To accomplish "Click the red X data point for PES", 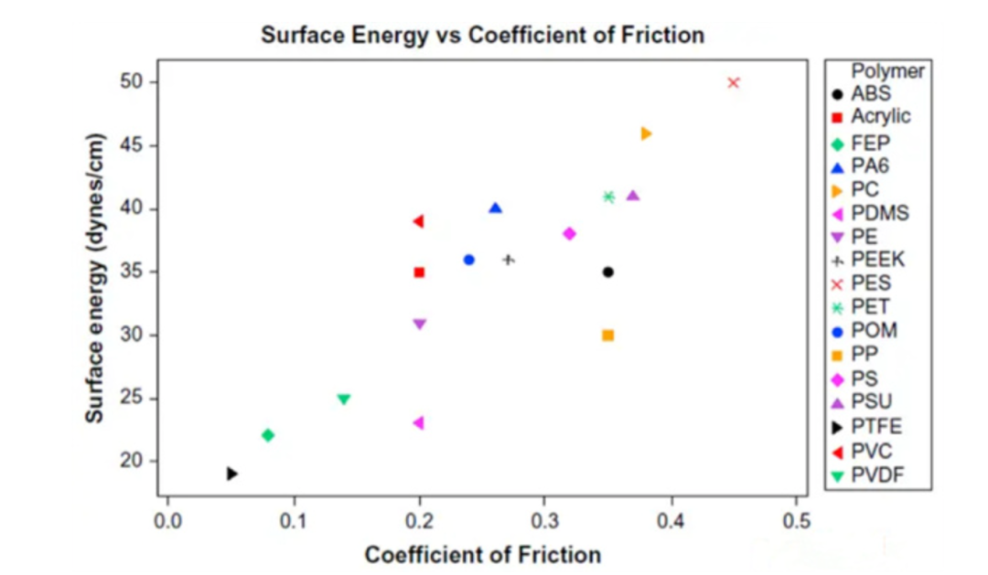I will click(733, 82).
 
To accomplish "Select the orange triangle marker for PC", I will click(646, 133).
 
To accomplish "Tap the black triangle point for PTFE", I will click(232, 474).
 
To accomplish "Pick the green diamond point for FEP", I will click(268, 435).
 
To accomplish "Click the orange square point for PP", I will click(607, 335).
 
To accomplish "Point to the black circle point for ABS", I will click(607, 272).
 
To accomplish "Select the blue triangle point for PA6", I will click(495, 208).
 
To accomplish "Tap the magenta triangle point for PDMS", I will click(419, 422).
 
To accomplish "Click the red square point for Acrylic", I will click(419, 272).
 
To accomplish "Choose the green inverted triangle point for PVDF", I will click(344, 399).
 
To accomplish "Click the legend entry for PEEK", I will click(876, 260).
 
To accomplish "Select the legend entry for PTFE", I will click(875, 426).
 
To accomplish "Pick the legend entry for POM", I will click(874, 331).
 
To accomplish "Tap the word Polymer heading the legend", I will click(887, 70).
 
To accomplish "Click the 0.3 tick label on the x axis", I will click(545, 524).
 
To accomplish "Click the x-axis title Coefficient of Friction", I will click(482, 555).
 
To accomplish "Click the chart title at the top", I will click(482, 36).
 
